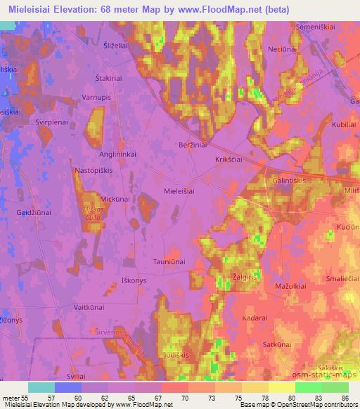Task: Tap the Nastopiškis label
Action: tap(94, 170)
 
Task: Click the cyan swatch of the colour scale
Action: tap(41, 387)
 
